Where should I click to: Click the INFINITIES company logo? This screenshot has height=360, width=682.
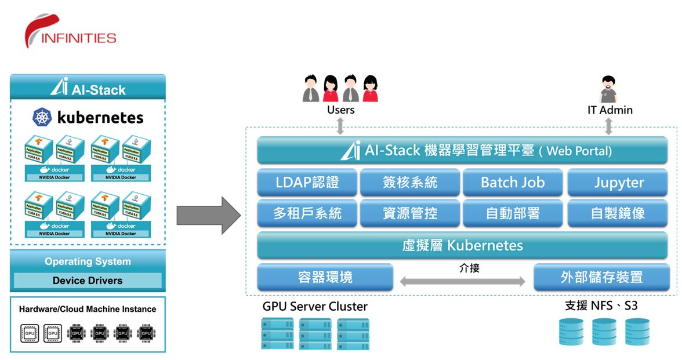click(x=70, y=32)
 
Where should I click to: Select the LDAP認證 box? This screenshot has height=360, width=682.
click(x=307, y=183)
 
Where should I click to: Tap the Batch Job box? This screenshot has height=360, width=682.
click(x=513, y=183)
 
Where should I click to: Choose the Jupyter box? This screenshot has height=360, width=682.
click(x=618, y=183)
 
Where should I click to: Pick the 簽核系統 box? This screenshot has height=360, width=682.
click(x=410, y=183)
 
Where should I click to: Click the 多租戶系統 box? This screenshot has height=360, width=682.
click(x=307, y=213)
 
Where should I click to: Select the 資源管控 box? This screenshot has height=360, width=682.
click(x=410, y=213)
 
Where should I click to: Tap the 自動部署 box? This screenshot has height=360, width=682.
click(x=513, y=213)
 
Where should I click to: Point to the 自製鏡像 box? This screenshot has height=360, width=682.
click(x=618, y=213)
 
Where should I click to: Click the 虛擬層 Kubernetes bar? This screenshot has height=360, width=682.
click(x=462, y=245)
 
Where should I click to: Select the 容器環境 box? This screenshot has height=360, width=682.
click(x=325, y=277)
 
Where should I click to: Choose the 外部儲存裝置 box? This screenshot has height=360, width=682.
click(x=601, y=277)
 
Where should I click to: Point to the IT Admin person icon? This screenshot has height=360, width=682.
click(x=608, y=89)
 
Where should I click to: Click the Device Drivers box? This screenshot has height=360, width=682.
click(x=88, y=281)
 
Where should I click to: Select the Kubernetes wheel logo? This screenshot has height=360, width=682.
click(x=43, y=118)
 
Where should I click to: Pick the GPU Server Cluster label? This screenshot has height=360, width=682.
click(x=315, y=307)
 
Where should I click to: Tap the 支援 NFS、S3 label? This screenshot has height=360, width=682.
click(x=601, y=306)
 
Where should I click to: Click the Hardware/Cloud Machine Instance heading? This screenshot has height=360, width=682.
click(x=88, y=309)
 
